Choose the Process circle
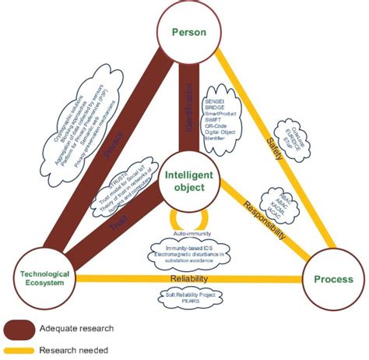pyautogui.click(x=332, y=279)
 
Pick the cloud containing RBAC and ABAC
pyautogui.click(x=279, y=201)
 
